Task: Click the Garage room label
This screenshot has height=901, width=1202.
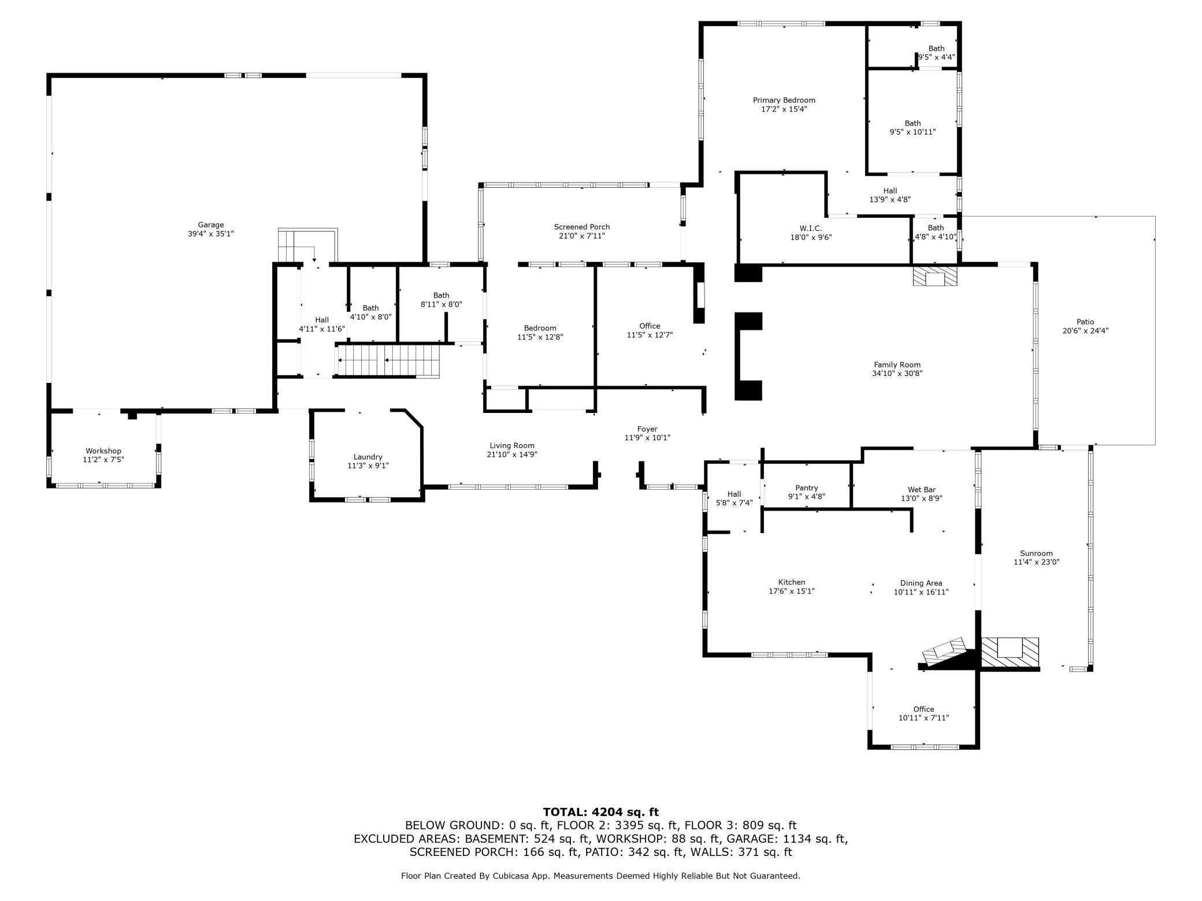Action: click(210, 225)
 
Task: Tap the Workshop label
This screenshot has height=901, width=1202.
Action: click(103, 451)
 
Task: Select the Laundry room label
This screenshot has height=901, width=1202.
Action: click(368, 457)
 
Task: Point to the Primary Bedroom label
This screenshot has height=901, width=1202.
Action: click(784, 100)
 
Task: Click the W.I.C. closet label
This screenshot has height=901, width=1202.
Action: click(810, 228)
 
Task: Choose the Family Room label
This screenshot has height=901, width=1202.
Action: click(897, 364)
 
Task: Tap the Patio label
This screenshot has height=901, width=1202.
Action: click(1085, 322)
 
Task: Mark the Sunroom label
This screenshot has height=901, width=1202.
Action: click(1036, 553)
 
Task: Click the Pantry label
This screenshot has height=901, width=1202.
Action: click(806, 488)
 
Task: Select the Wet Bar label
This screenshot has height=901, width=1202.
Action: click(921, 490)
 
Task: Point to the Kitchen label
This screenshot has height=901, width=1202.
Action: click(791, 582)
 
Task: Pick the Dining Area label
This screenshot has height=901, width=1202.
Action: click(921, 583)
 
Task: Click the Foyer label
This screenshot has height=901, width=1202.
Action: click(647, 429)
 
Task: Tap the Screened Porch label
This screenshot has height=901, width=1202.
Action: click(581, 227)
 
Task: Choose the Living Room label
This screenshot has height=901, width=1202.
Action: click(511, 445)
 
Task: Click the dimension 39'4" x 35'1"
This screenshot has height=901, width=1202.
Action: click(210, 234)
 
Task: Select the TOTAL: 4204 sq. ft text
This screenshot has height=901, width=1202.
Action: click(600, 812)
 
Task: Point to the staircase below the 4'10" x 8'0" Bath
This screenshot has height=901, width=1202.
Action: click(388, 360)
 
